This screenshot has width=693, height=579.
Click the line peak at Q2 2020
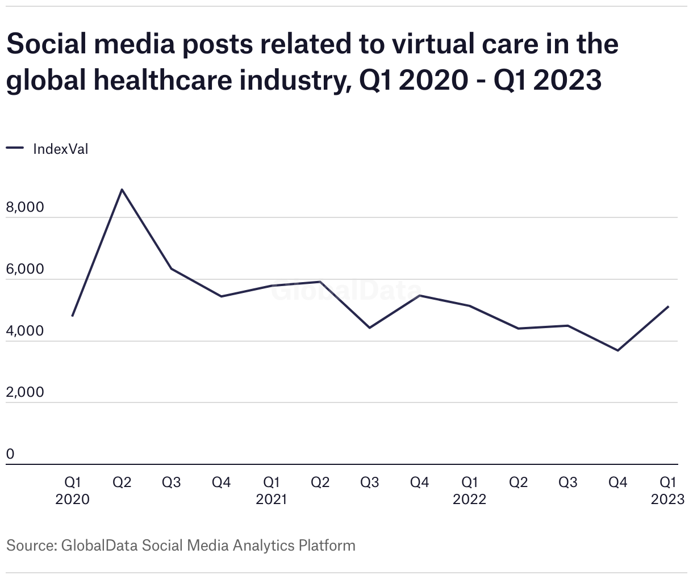point(122,190)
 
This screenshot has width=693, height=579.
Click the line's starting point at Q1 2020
point(73,316)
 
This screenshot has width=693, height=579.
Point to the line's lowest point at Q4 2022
point(618,350)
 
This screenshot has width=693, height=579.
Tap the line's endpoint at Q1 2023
point(668,307)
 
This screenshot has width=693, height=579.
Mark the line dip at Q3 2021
point(370,328)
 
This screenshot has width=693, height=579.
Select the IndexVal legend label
point(61,149)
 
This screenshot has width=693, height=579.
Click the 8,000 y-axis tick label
point(25,207)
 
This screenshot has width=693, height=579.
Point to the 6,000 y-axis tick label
point(25,269)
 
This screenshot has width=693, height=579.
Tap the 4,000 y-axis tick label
point(25,330)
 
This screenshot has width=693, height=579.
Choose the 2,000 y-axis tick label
point(25,392)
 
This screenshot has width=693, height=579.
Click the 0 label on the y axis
point(10,454)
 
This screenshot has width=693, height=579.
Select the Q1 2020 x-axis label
point(73,490)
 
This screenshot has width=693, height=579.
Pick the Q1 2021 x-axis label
point(271,490)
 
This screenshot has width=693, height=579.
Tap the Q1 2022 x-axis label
point(469,490)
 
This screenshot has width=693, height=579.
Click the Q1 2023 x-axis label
point(667,490)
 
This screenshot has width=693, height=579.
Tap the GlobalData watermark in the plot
point(345,291)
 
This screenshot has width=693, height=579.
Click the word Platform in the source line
point(327,546)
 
